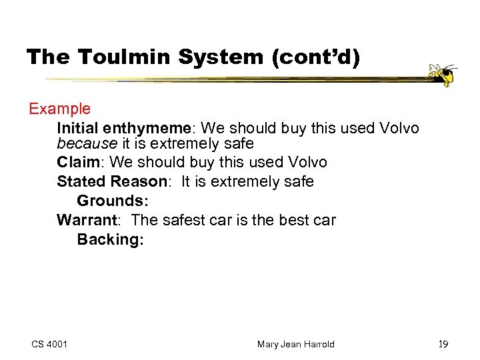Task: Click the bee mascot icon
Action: (x=442, y=75)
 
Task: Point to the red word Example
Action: (x=59, y=109)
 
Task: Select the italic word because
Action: (x=87, y=143)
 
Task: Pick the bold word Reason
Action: (x=138, y=181)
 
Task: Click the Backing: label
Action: (x=110, y=239)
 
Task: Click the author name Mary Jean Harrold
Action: (x=295, y=344)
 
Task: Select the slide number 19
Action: (x=443, y=344)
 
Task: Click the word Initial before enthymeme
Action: (x=78, y=127)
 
